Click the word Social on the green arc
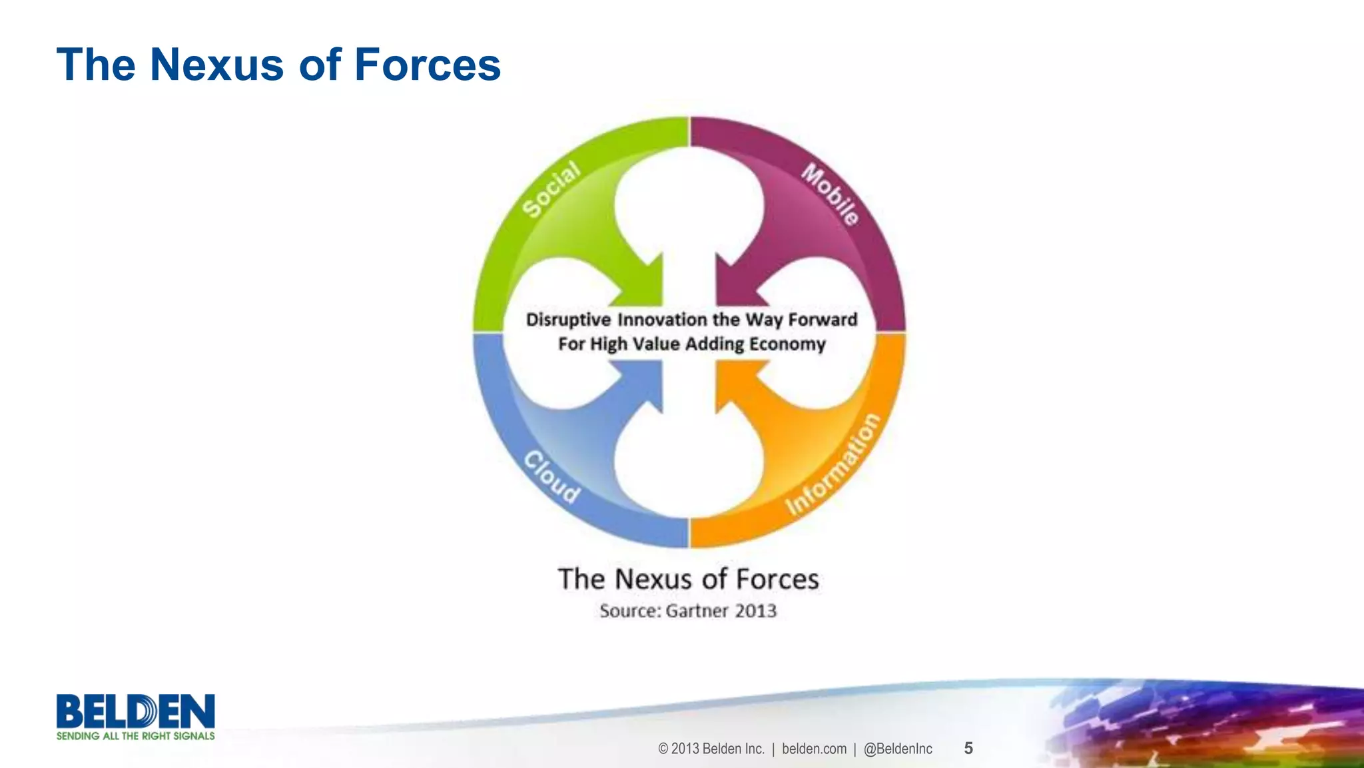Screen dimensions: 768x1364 pos(551,190)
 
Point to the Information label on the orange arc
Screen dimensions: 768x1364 pos(833,465)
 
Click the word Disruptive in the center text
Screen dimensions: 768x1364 pos(568,320)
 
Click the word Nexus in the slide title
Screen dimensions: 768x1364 pos(217,65)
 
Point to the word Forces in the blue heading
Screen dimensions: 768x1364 pos(427,65)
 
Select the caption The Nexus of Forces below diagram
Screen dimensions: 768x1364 pos(688,579)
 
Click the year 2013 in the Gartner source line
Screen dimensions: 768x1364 pos(755,611)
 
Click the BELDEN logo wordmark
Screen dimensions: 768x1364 pos(135,711)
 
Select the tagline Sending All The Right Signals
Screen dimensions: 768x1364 pos(135,736)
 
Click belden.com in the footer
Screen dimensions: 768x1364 pos(814,749)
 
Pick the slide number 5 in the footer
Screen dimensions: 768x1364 pos(968,748)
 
